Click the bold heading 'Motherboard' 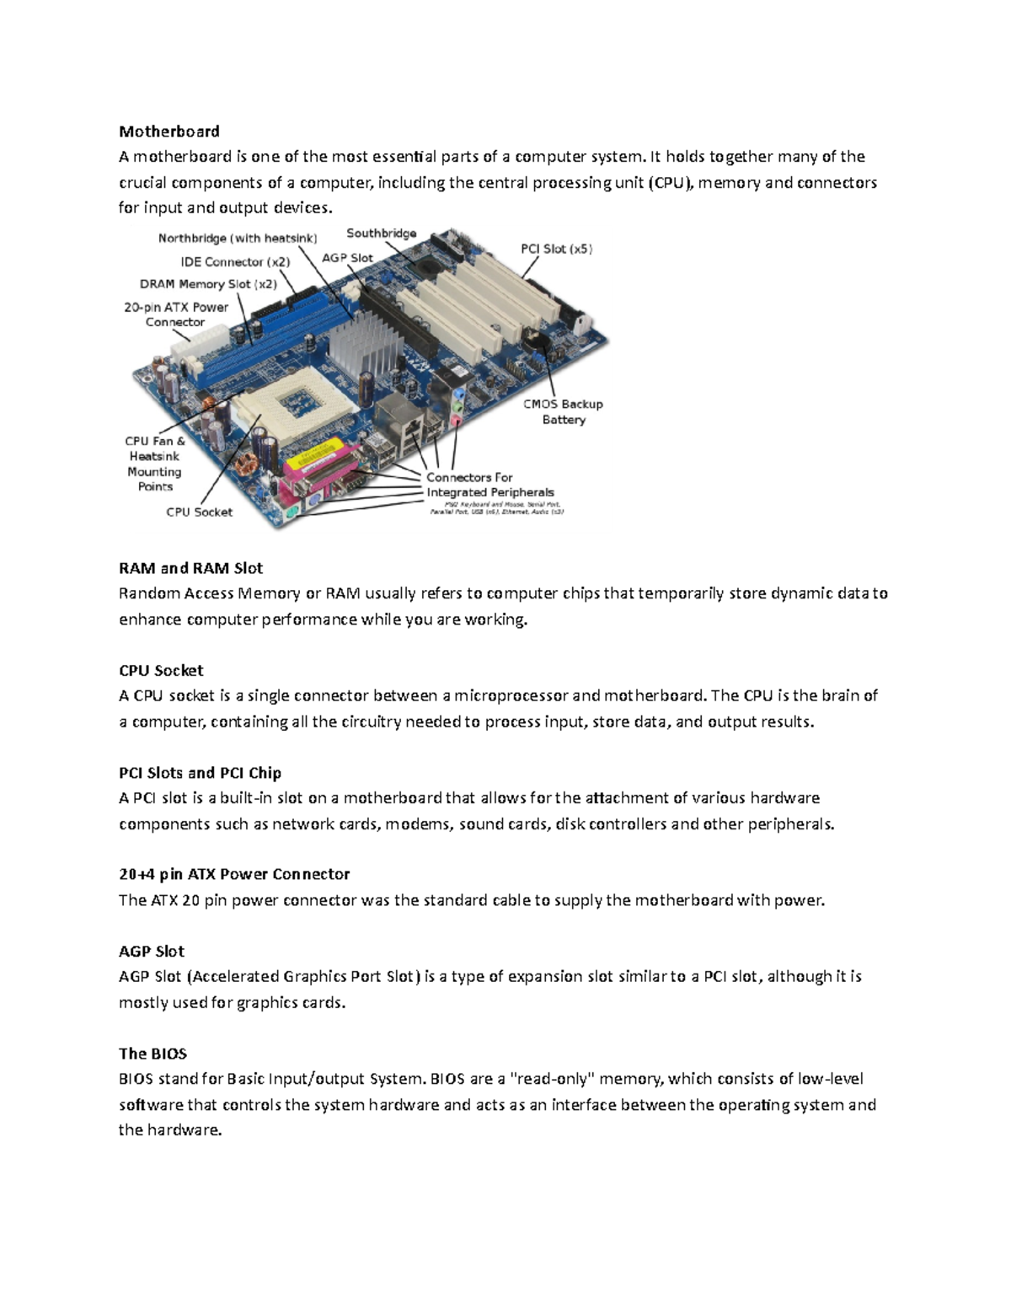point(168,131)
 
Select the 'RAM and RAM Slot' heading point(190,568)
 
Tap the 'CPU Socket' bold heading point(161,670)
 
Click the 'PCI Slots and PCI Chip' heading point(200,773)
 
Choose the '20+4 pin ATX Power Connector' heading point(233,874)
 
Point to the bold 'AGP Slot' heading point(151,951)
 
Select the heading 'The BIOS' point(152,1054)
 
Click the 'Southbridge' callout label point(381,233)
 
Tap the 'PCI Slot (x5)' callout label point(556,249)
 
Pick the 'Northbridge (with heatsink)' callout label point(238,239)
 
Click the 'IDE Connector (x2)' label point(235,262)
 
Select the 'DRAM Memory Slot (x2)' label point(208,285)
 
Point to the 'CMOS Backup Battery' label point(563,411)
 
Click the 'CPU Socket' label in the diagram point(199,512)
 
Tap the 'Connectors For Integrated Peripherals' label point(489,485)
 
